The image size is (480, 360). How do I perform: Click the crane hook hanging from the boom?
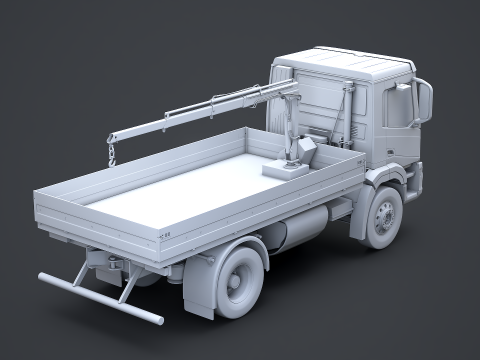coord(113,158)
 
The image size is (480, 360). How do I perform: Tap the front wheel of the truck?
coord(383,217)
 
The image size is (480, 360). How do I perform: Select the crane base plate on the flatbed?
coord(285,169)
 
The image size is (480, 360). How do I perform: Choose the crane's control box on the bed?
coord(301,148)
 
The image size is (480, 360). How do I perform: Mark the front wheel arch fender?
coord(385,180)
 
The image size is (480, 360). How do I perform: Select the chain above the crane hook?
coord(112,145)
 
